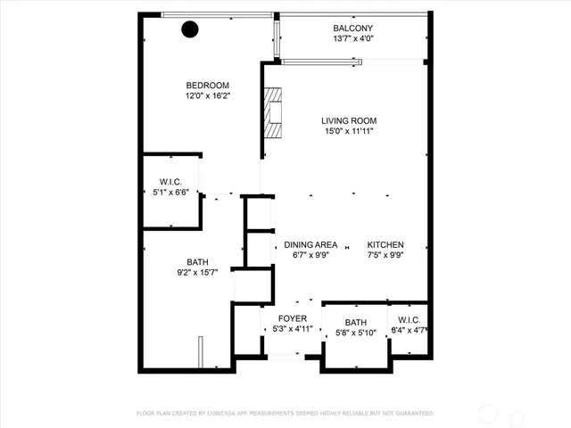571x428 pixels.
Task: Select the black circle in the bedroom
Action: click(x=190, y=29)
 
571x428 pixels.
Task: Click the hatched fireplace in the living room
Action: click(x=271, y=112)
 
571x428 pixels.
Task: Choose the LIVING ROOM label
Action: click(x=349, y=120)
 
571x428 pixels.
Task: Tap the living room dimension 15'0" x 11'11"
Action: click(x=349, y=132)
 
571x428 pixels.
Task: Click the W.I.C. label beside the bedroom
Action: click(x=171, y=181)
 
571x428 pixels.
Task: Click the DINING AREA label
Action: click(x=310, y=245)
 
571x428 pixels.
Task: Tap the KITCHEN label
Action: click(x=386, y=245)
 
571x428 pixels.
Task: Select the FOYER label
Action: click(x=293, y=318)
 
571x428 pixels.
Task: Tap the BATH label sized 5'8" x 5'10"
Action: click(x=355, y=322)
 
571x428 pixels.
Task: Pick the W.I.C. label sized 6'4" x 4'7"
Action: click(x=409, y=320)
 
